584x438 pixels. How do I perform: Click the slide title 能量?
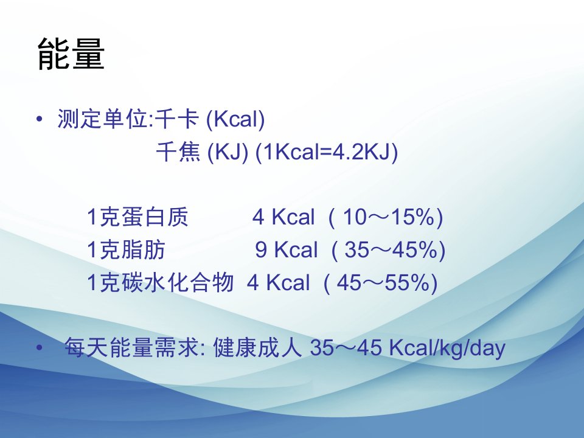[71, 54]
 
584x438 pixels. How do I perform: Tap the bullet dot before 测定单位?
[39, 119]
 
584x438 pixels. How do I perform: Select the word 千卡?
[176, 119]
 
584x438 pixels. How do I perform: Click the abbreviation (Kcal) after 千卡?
[235, 120]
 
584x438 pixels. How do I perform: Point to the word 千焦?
[178, 151]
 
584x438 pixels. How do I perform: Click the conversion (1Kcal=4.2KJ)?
[327, 152]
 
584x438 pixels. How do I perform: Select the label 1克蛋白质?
[137, 217]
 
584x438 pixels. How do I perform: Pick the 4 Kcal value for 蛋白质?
[283, 217]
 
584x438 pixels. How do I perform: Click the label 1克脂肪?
[126, 249]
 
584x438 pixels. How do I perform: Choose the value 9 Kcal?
[287, 249]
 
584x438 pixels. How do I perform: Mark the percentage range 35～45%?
[391, 249]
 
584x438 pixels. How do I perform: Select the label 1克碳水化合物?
[160, 282]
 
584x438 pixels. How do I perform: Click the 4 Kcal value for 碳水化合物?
[278, 282]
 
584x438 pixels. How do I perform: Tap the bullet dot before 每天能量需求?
[39, 348]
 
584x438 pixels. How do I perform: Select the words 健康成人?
[257, 347]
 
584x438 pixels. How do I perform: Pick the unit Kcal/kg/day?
[447, 348]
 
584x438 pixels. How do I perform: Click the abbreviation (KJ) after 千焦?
[228, 152]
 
